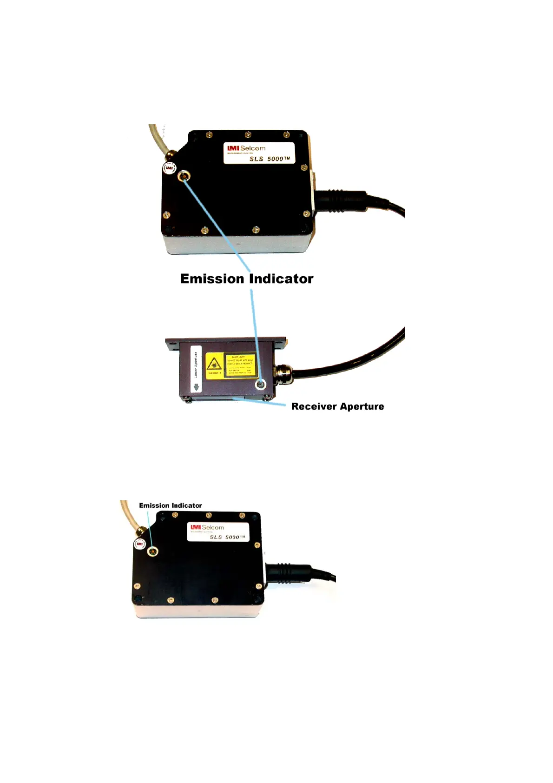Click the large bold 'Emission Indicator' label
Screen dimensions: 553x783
[246, 279]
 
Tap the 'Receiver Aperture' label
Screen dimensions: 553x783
[337, 406]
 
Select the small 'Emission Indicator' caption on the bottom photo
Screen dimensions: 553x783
[171, 505]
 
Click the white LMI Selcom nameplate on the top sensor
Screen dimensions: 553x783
[259, 153]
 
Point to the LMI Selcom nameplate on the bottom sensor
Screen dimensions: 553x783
[218, 531]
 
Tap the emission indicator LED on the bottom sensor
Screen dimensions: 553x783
[152, 551]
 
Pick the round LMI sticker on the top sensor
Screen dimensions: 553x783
[169, 168]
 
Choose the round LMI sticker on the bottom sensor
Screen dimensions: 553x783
[139, 544]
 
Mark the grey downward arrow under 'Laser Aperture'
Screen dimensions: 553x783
[196, 387]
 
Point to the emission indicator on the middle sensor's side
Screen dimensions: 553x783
[261, 385]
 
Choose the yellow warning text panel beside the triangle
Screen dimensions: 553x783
[240, 365]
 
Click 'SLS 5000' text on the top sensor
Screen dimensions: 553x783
[269, 159]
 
